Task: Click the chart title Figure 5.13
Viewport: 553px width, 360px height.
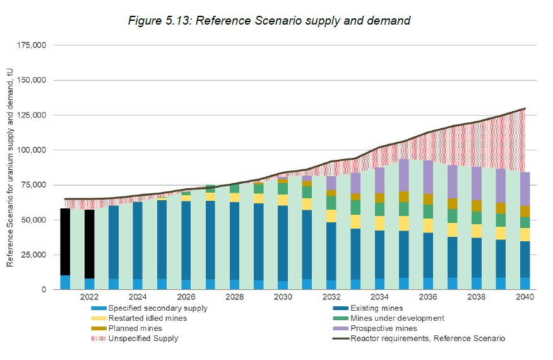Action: (x=269, y=21)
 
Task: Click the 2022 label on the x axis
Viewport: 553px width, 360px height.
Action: (x=89, y=297)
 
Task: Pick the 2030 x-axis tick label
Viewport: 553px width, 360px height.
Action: (x=283, y=297)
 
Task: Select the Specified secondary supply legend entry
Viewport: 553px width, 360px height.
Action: (x=158, y=308)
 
